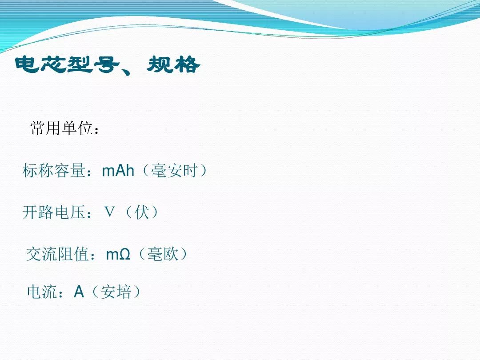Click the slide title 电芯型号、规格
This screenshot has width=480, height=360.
(x=108, y=64)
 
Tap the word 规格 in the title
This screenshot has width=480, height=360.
(x=174, y=64)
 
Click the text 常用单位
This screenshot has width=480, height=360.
(x=61, y=128)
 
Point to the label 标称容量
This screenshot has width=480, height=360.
(x=54, y=170)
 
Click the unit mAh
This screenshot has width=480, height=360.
(x=118, y=171)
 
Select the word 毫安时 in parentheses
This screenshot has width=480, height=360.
(x=174, y=170)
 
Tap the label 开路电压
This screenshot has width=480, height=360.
(x=54, y=212)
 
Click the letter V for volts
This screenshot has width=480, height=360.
(x=110, y=212)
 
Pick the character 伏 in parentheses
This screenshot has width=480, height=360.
(x=142, y=212)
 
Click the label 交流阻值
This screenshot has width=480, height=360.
(x=58, y=254)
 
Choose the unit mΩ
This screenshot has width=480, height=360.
(x=118, y=254)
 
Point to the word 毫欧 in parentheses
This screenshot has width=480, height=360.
(x=163, y=254)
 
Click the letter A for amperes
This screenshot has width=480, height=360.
(x=79, y=292)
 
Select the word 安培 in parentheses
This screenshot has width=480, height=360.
(x=116, y=292)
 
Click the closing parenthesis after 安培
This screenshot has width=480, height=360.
(x=137, y=292)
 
